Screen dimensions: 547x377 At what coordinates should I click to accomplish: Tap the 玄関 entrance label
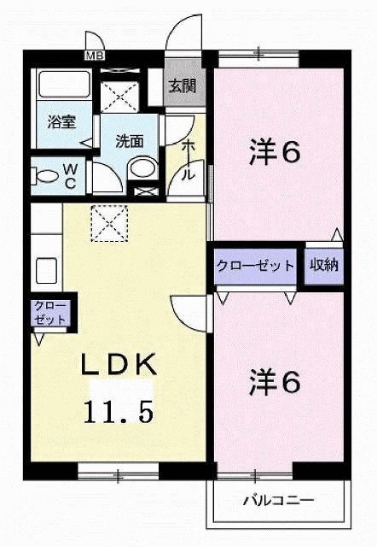point(179,85)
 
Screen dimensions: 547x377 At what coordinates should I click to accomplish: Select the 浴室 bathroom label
point(61,121)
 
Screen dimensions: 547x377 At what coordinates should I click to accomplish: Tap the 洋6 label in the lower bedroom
point(275,382)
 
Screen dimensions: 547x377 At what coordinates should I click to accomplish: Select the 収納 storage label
point(324,265)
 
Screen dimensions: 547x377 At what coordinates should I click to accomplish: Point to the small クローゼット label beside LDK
point(50,312)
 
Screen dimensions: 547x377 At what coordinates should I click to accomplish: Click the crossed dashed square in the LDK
point(108,224)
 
